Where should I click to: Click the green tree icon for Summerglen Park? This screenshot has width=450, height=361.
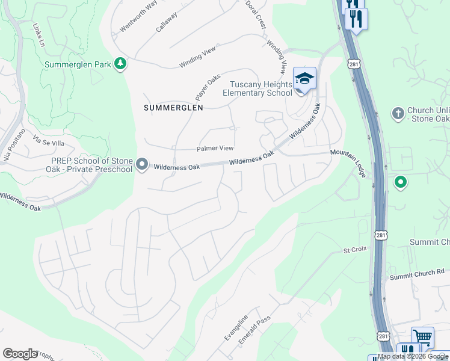coord(120,63)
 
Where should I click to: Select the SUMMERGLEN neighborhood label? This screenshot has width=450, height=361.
coord(173,107)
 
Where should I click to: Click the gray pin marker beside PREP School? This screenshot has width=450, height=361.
coord(142,164)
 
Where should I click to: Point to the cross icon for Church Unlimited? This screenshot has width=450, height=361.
coord(397,113)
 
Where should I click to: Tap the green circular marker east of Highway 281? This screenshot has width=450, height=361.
coord(400,182)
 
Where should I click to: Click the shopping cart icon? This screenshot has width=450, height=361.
coord(423,337)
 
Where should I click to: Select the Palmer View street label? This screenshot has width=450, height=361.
coord(215,148)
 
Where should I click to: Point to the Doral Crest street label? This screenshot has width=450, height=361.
coord(256,14)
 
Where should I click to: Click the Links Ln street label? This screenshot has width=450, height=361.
coord(39,35)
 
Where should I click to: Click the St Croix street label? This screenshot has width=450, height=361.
coord(355,249)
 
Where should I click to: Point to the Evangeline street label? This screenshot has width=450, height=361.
coord(236,328)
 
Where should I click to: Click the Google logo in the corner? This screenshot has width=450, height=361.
coord(20,353)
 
